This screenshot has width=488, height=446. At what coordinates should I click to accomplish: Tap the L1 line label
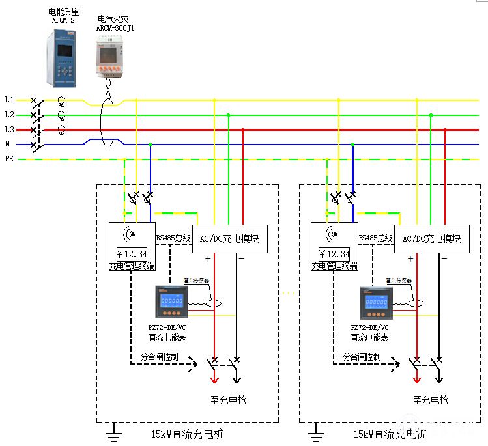click(x=9, y=100)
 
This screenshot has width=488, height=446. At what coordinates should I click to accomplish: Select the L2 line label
click(x=9, y=115)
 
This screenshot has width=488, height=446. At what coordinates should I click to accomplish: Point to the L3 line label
click(x=9, y=130)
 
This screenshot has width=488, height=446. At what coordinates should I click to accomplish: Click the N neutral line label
click(x=8, y=144)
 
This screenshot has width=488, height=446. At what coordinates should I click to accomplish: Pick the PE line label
click(x=9, y=159)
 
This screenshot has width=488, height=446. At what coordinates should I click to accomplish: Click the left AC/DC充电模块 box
click(x=230, y=239)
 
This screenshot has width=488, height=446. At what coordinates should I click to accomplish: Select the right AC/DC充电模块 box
click(x=432, y=239)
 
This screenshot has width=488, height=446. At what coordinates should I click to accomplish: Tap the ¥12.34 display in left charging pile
click(x=132, y=254)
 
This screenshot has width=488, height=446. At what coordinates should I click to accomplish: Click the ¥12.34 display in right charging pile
click(x=334, y=254)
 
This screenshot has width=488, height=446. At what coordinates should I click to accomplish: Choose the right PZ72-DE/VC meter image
click(x=375, y=303)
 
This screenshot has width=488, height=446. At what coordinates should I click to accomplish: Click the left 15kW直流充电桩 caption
click(x=187, y=434)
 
